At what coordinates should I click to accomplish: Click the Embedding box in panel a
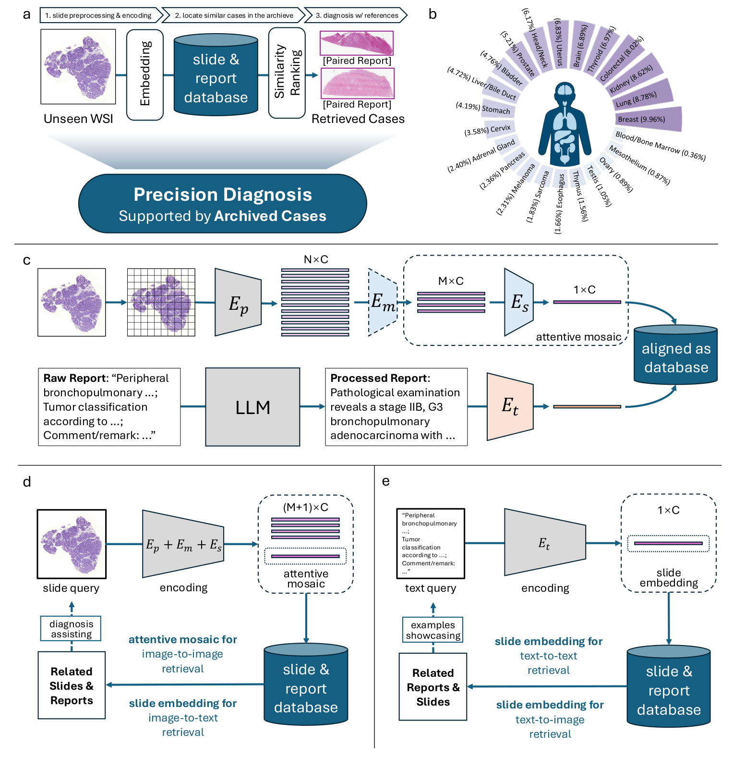coord(144,74)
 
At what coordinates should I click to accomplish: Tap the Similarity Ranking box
coord(287,73)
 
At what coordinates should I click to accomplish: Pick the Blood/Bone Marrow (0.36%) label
coord(660,146)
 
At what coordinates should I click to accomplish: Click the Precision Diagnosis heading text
coord(223,195)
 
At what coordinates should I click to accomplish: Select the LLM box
coord(252,407)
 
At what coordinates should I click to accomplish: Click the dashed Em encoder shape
coord(383,302)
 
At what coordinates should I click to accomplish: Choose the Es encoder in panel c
coord(519,302)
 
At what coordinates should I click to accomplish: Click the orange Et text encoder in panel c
coord(510,406)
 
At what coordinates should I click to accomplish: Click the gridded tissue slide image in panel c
coord(161,302)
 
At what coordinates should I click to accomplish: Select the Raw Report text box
coord(109,407)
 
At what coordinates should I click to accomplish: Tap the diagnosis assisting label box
coord(72,629)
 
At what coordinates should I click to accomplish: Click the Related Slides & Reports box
coord(72,685)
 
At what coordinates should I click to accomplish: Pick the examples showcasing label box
coord(433,630)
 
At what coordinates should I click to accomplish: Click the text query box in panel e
coord(430,543)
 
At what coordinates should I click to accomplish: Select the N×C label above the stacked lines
coord(315,260)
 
